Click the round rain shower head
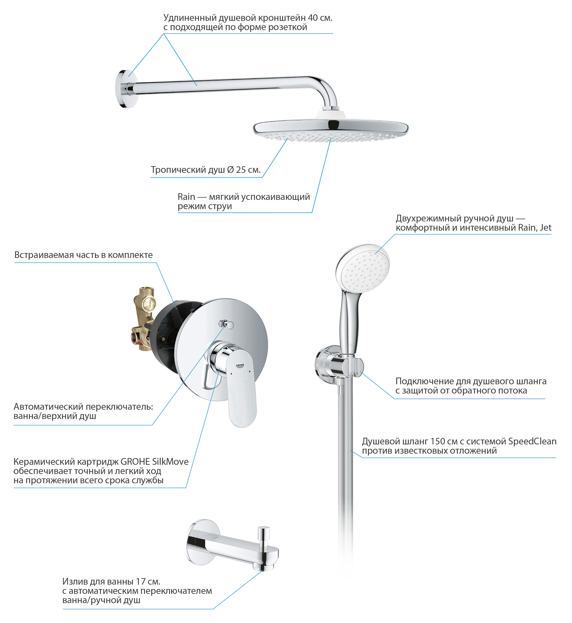(330, 130)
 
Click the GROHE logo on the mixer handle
(240, 366)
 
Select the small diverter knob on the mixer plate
(227, 324)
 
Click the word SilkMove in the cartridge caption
(170, 462)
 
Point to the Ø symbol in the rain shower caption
(230, 170)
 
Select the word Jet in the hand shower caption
(545, 228)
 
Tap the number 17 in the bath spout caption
(141, 582)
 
